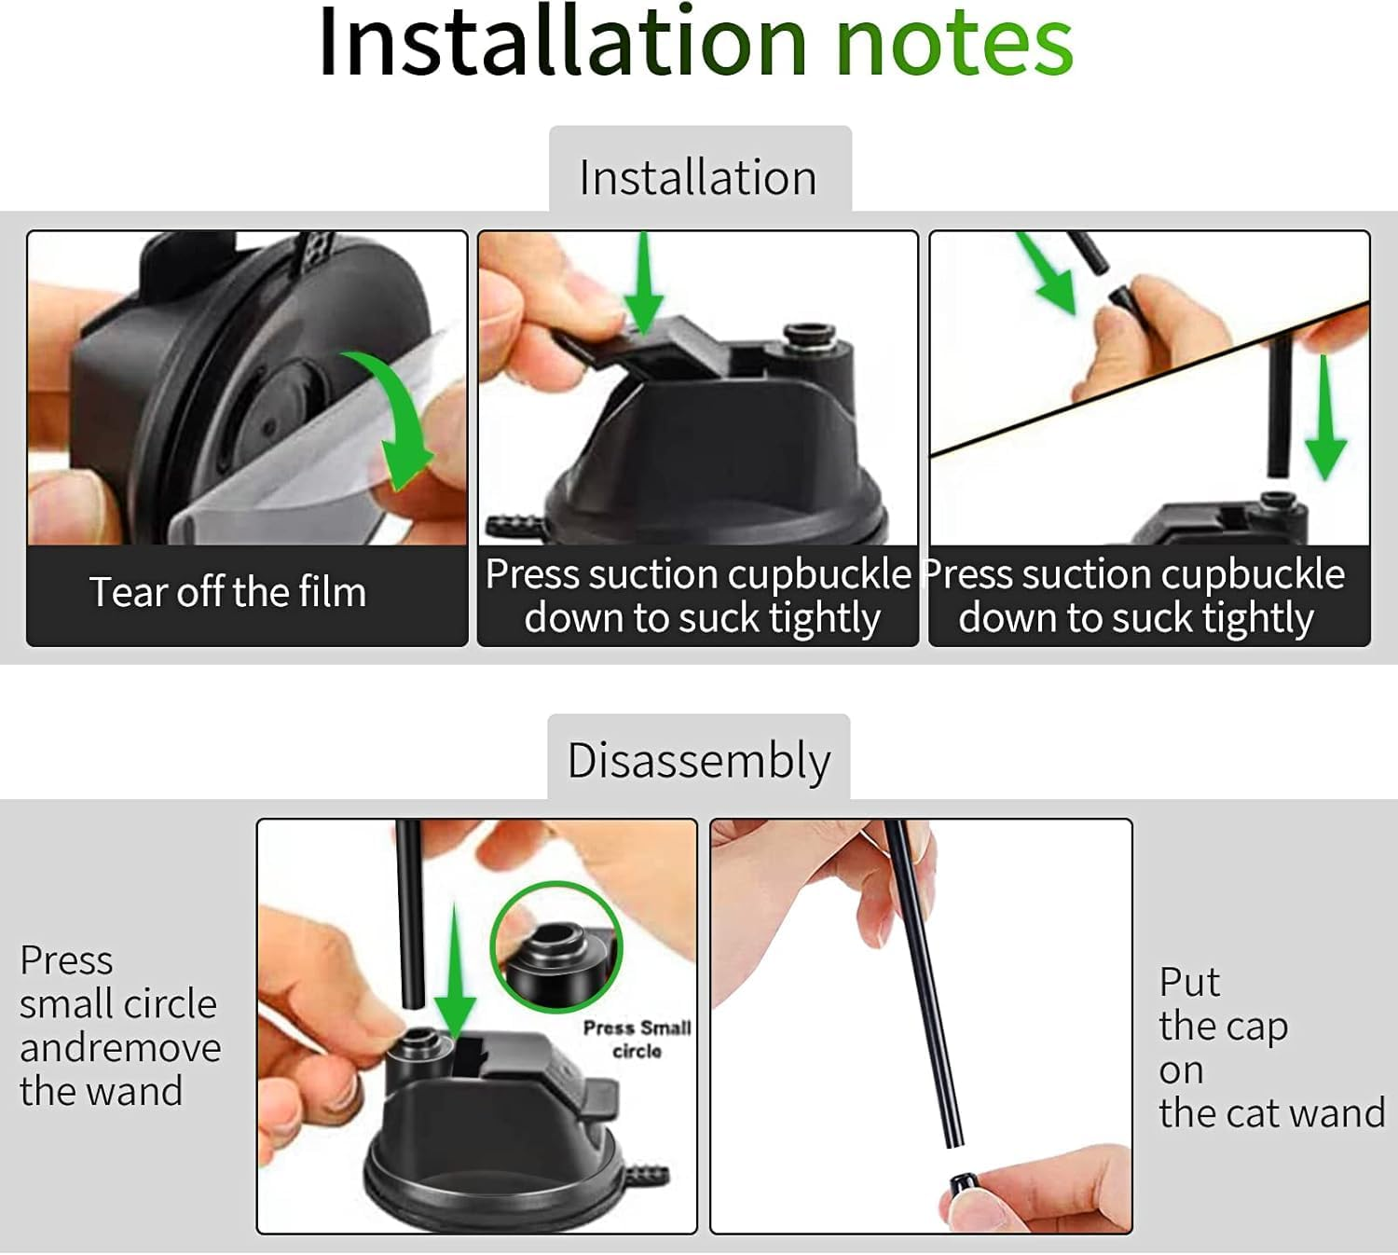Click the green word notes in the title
(954, 43)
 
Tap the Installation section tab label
(698, 177)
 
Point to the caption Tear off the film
(227, 592)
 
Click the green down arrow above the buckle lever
(643, 283)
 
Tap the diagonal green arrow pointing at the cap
(1047, 275)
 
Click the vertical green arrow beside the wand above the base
(1325, 418)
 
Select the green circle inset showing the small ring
(556, 948)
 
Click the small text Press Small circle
(637, 1040)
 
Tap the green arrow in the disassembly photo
(454, 973)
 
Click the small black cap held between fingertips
(960, 1185)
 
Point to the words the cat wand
(1272, 1112)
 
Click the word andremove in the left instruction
(120, 1048)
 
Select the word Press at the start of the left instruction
(66, 960)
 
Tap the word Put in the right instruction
(1189, 982)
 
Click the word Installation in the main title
(562, 43)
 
